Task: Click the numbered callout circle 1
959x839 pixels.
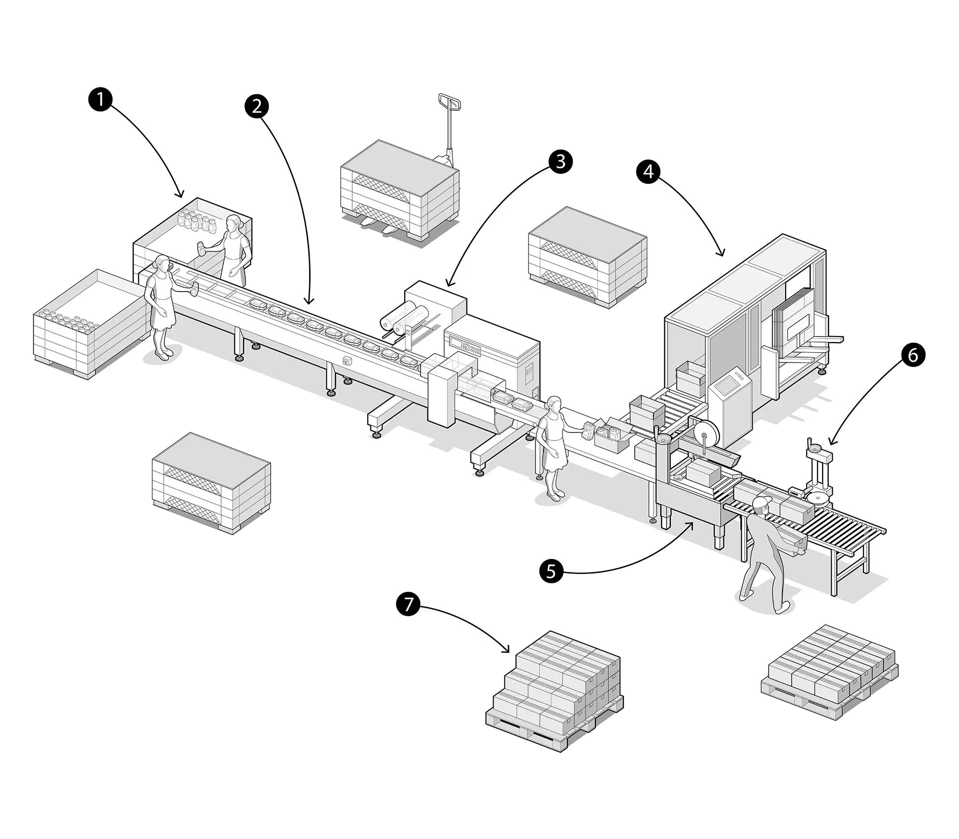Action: [x=100, y=99]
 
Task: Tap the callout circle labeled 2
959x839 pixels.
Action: [x=257, y=106]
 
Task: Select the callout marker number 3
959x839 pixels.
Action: [x=560, y=162]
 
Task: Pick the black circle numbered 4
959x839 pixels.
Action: [x=648, y=171]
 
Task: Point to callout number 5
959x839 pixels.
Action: [x=551, y=571]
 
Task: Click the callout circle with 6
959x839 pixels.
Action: [x=913, y=355]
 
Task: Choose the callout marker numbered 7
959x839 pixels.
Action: [x=408, y=604]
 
